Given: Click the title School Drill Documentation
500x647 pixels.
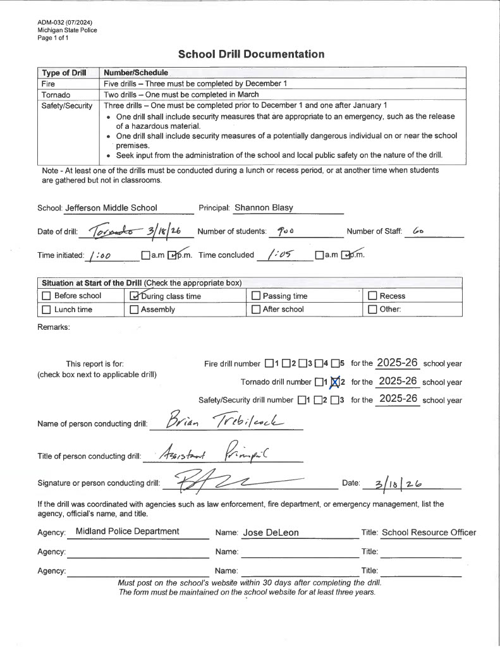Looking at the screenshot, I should coord(251,54).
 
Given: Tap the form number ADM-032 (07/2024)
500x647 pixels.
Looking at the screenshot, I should coord(69,23).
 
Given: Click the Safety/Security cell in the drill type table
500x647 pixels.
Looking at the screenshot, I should coord(67,106).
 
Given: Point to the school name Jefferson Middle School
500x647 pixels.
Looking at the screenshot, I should coord(111,208).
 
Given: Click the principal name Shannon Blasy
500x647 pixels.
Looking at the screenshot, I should coord(264,208).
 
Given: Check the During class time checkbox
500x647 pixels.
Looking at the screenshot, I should coord(134,296).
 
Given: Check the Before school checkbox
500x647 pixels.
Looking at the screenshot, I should coord(46,296).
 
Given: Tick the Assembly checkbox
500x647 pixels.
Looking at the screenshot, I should coord(134,310).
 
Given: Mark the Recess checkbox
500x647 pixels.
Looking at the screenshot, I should coord(373,296).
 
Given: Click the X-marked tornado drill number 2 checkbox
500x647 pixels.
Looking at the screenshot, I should coord(335,382).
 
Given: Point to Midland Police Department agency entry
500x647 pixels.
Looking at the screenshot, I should coord(127,532).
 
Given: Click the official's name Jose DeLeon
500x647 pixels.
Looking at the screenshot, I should coord(271,533).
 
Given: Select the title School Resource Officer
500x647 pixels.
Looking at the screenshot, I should coord(429,533).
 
